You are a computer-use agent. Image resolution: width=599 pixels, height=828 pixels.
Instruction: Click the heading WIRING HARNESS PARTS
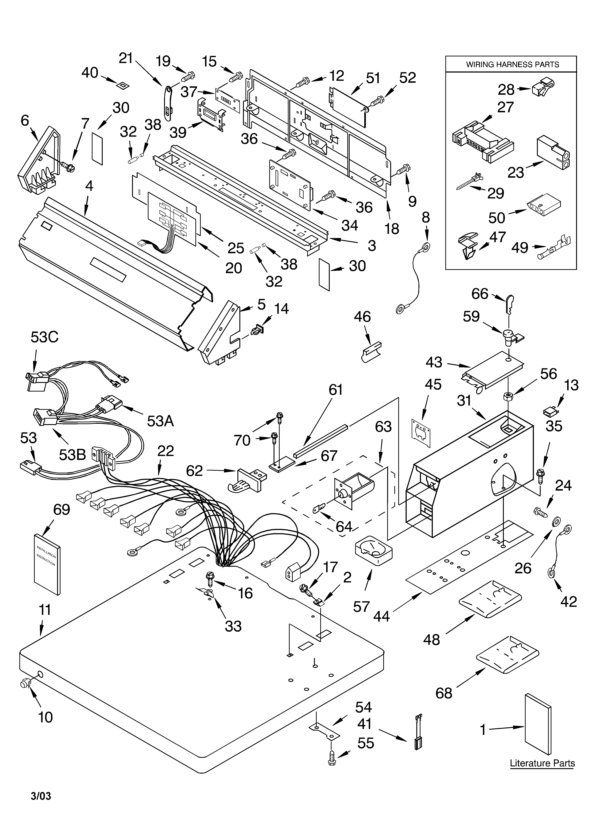(x=512, y=65)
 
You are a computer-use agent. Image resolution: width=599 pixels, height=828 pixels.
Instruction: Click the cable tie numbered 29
(x=469, y=182)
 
